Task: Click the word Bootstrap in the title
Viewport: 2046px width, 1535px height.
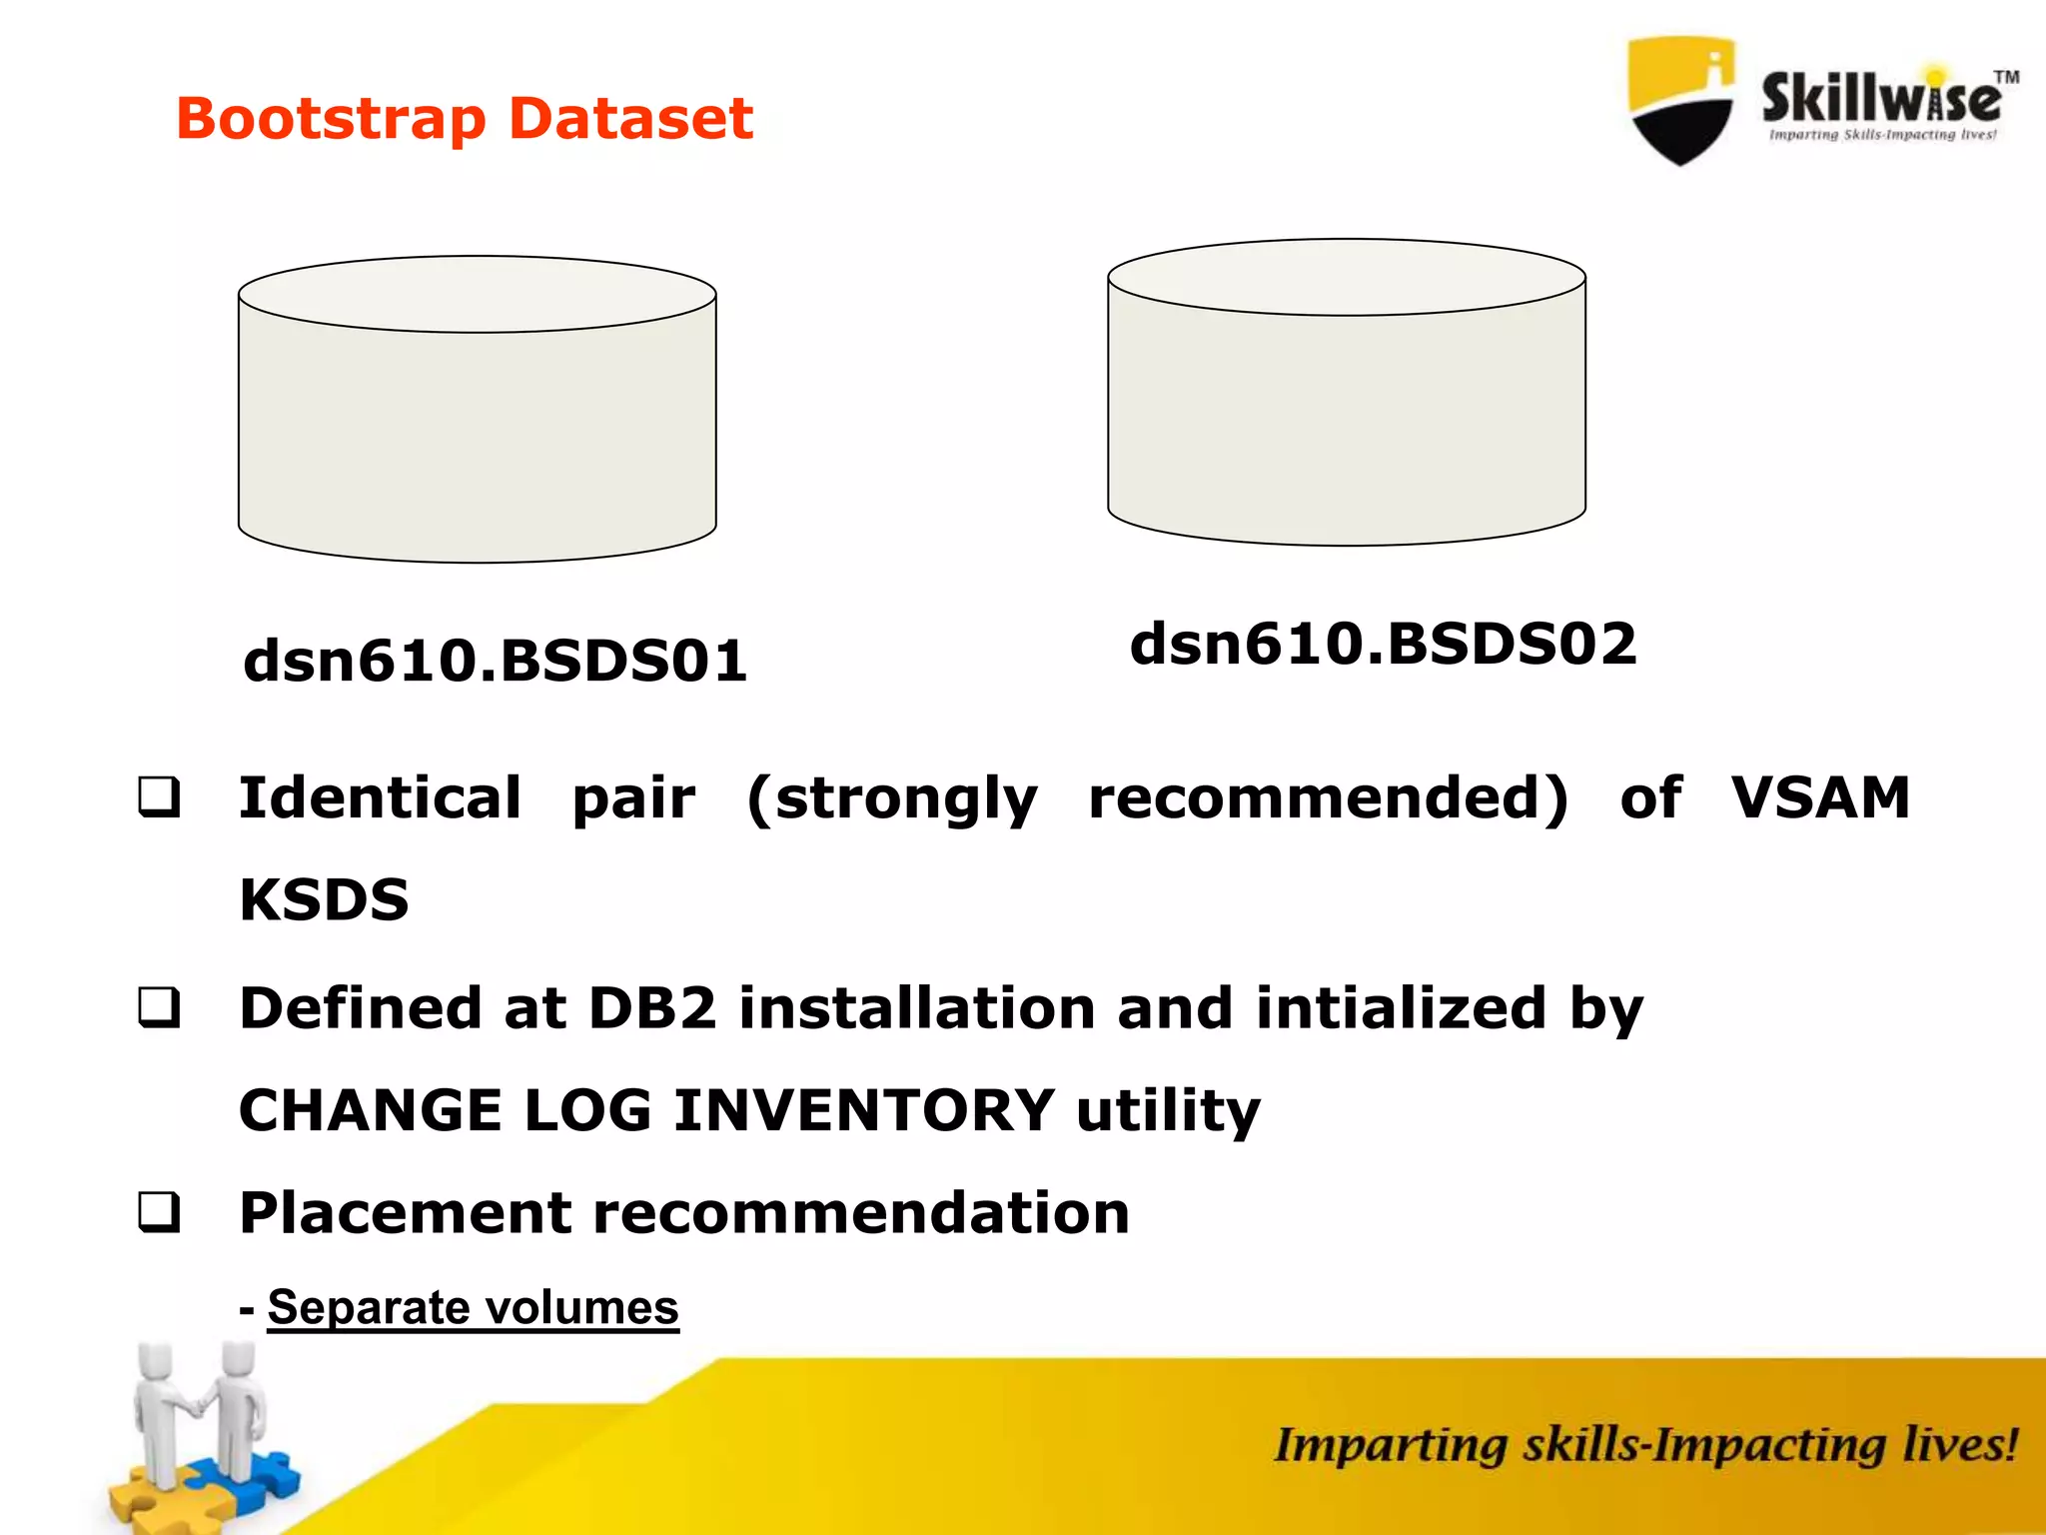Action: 331,120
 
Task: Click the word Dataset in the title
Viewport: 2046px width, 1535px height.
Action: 630,119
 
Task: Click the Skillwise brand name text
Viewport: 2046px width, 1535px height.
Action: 1881,98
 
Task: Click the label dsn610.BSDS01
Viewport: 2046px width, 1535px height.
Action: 496,662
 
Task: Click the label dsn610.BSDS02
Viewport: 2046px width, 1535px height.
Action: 1384,644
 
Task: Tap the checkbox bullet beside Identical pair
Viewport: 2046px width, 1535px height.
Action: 160,798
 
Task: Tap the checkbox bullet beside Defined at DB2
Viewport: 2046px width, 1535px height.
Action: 160,1008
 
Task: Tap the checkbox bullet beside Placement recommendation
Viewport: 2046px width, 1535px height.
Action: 160,1213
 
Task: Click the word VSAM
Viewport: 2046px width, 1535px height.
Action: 1820,798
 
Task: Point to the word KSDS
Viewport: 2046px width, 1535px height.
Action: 325,900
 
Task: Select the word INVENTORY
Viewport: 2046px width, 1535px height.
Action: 864,1111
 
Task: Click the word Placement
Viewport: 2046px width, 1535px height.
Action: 406,1214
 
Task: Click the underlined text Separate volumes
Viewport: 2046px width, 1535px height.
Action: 473,1308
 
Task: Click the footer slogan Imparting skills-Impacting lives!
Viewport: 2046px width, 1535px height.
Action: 1645,1446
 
